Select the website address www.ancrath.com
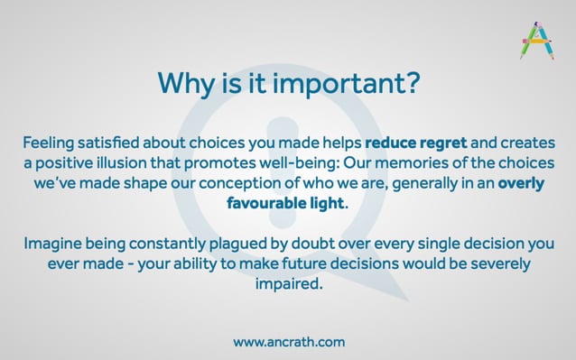pyautogui.click(x=288, y=342)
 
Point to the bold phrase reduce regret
pyautogui.click(x=415, y=143)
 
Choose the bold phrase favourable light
pyautogui.click(x=285, y=203)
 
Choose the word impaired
pyautogui.click(x=287, y=283)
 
